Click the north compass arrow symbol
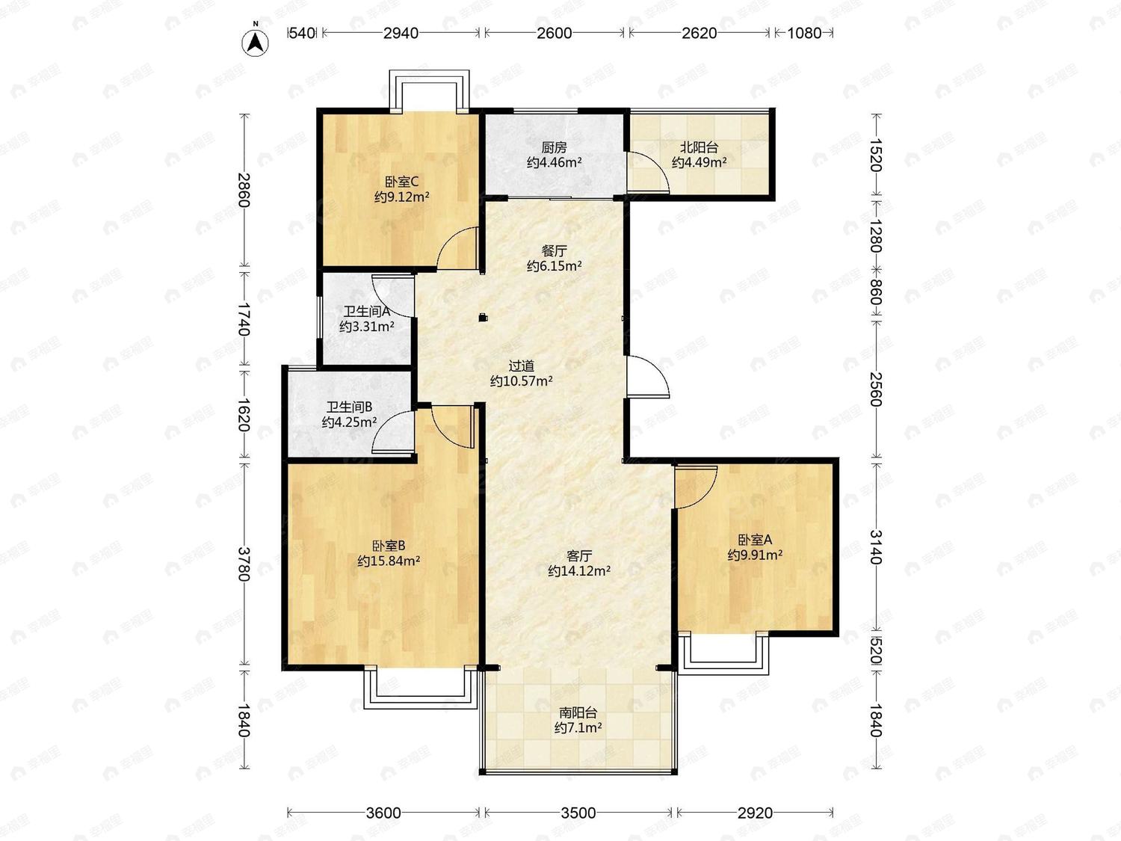[x=256, y=42]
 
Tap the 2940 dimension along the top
[x=401, y=33]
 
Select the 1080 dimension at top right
[x=804, y=33]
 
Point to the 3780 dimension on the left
[x=244, y=564]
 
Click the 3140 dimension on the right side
[x=876, y=547]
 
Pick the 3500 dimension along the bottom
[x=578, y=813]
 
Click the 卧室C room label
[x=401, y=181]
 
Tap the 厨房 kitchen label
[x=554, y=147]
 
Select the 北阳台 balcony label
[x=700, y=147]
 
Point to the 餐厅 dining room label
[x=554, y=250]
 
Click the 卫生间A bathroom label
[x=367, y=311]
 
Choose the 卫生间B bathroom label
[x=349, y=407]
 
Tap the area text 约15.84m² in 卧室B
[x=389, y=561]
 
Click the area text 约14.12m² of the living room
[x=579, y=571]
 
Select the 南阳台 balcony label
[x=578, y=712]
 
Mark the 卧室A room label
[x=755, y=539]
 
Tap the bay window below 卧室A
[x=723, y=654]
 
